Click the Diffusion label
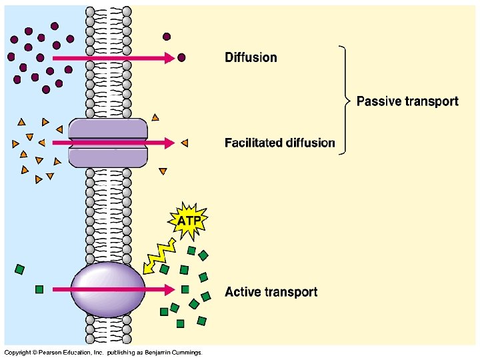(251, 57)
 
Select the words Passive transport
(407, 101)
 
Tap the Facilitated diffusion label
(279, 143)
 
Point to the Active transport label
(271, 292)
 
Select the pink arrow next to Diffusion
(113, 59)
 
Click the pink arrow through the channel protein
(113, 143)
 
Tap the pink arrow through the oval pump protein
(113, 289)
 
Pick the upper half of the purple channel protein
(107, 128)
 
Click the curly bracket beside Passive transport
(345, 100)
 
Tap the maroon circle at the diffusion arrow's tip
(181, 58)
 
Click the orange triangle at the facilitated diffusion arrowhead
(185, 143)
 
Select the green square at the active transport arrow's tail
(39, 289)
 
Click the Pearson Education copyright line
(103, 353)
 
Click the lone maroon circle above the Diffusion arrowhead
(167, 36)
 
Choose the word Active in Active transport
(242, 292)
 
